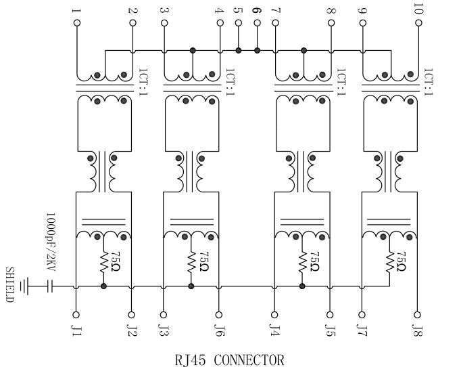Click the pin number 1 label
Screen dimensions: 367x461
(76, 9)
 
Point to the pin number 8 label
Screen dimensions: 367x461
(331, 9)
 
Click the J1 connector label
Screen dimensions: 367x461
(76, 330)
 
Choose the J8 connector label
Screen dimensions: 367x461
(418, 330)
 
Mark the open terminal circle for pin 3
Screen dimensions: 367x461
(163, 23)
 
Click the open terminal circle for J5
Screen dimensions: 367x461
(331, 314)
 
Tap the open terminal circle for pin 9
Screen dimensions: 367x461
(362, 23)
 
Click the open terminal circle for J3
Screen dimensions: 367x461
(163, 314)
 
